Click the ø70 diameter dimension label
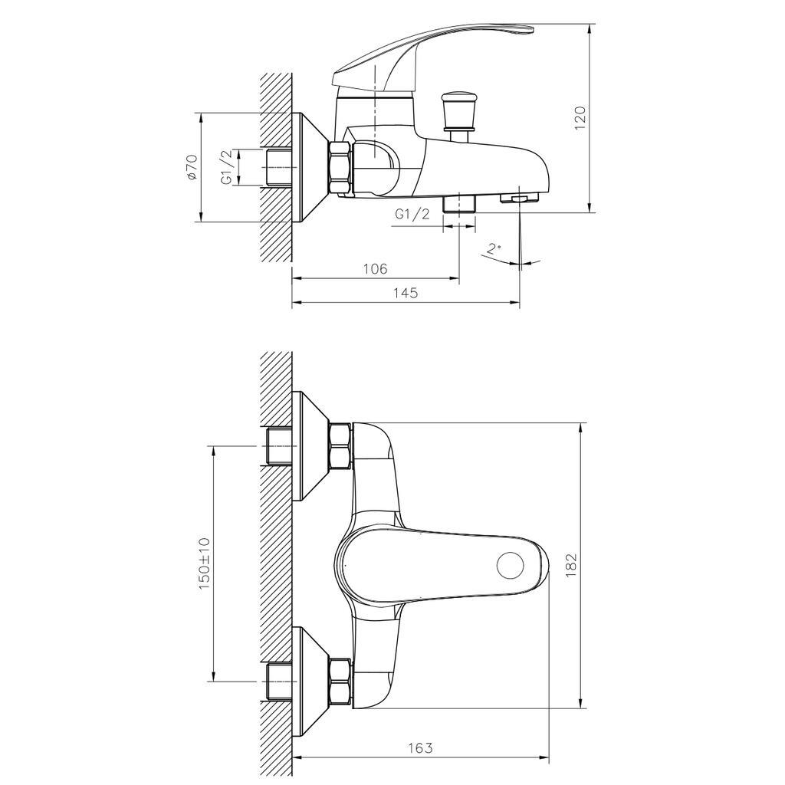[x=192, y=167]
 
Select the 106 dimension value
[x=375, y=269]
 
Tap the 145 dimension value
[x=405, y=294]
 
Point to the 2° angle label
[x=494, y=248]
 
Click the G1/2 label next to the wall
[x=227, y=168]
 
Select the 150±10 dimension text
[x=204, y=563]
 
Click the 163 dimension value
[x=420, y=747]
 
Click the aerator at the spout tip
[x=519, y=199]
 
